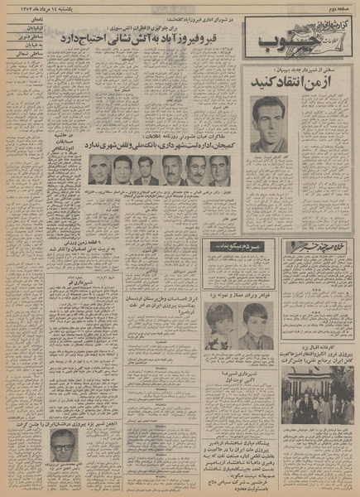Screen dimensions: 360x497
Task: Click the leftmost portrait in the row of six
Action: click(x=98, y=171)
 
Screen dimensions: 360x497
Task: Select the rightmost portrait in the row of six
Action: click(x=220, y=171)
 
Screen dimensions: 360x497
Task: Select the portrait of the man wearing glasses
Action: click(x=63, y=451)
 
